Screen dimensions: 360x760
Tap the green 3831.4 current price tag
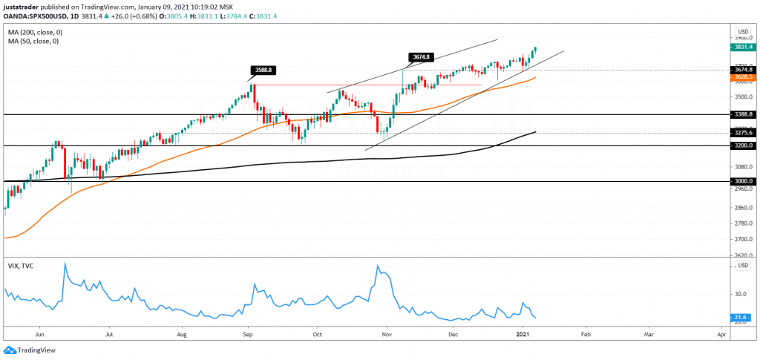click(742, 47)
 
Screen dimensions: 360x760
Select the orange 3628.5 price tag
click(742, 76)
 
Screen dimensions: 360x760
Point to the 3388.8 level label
click(742, 115)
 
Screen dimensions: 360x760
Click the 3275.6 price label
click(742, 133)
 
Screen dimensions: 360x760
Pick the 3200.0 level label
click(742, 146)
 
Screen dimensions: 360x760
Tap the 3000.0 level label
click(742, 181)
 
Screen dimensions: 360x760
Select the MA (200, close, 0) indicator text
click(34, 32)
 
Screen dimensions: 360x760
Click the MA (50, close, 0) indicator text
click(33, 41)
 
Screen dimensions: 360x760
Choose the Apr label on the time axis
click(721, 335)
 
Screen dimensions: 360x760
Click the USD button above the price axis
click(742, 31)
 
